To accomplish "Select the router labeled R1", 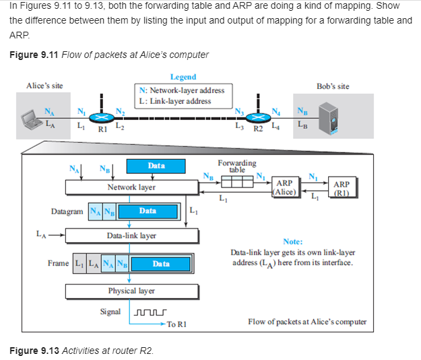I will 101,116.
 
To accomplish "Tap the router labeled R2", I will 257,116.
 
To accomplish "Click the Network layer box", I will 131,187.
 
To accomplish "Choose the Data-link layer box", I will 131,235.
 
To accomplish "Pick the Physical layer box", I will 131,291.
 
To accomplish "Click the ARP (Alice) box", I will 284,187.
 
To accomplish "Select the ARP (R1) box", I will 341,187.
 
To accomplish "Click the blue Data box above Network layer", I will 156,165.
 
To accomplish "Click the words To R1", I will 176,324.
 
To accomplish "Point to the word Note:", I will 293,241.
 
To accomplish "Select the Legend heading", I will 183,77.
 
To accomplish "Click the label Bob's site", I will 333,86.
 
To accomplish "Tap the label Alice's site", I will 44,86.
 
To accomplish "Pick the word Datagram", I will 67,211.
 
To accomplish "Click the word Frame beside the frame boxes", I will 58,263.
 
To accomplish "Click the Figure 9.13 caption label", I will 34,351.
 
